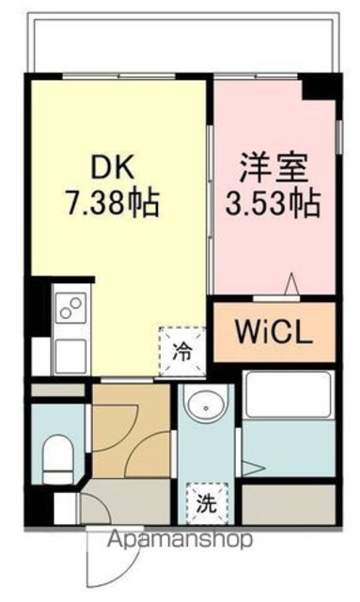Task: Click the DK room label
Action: pos(113,167)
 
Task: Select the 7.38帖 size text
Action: pos(113,203)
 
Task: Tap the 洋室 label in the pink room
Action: pos(274,167)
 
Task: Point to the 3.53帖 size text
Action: pos(273,203)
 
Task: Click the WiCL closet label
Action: pos(274,332)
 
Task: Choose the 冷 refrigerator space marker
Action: pos(182,351)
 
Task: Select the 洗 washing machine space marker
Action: pos(207,503)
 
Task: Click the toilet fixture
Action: pos(58,458)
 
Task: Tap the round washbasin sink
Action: pos(207,403)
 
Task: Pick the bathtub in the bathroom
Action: pos(289,394)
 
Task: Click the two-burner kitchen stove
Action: pos(71,309)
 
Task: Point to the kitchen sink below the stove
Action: pos(70,356)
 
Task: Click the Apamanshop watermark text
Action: pos(180,539)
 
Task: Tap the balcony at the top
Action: pos(182,42)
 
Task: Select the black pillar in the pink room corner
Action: pos(320,87)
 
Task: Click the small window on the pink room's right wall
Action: pos(338,136)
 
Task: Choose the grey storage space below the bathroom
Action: pos(289,504)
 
